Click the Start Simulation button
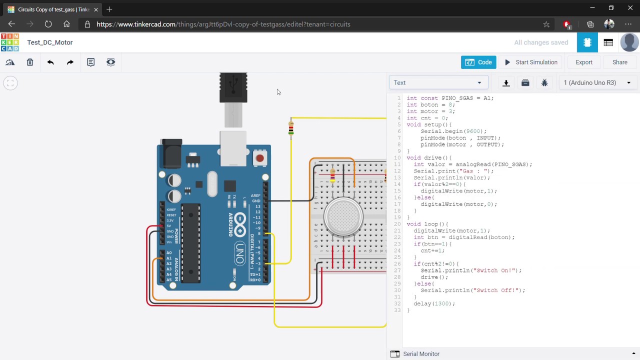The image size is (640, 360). tap(531, 62)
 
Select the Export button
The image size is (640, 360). tap(583, 62)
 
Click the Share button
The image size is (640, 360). tap(619, 62)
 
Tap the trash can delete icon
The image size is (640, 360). tap(30, 62)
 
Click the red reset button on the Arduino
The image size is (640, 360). tap(259, 158)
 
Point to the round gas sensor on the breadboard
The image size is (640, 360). tap(343, 217)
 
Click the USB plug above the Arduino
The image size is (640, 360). tap(233, 88)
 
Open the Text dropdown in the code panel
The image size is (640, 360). tap(438, 83)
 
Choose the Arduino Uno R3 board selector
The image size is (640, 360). tap(597, 83)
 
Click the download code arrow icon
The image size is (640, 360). tap(506, 83)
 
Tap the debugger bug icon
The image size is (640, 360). tap(544, 83)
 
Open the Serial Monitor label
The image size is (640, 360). tap(421, 354)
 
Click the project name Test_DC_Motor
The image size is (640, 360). tap(50, 42)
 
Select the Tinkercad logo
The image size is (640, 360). tap(10, 42)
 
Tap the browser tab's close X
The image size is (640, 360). tap(96, 9)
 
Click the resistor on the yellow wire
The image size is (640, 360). tap(291, 129)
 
